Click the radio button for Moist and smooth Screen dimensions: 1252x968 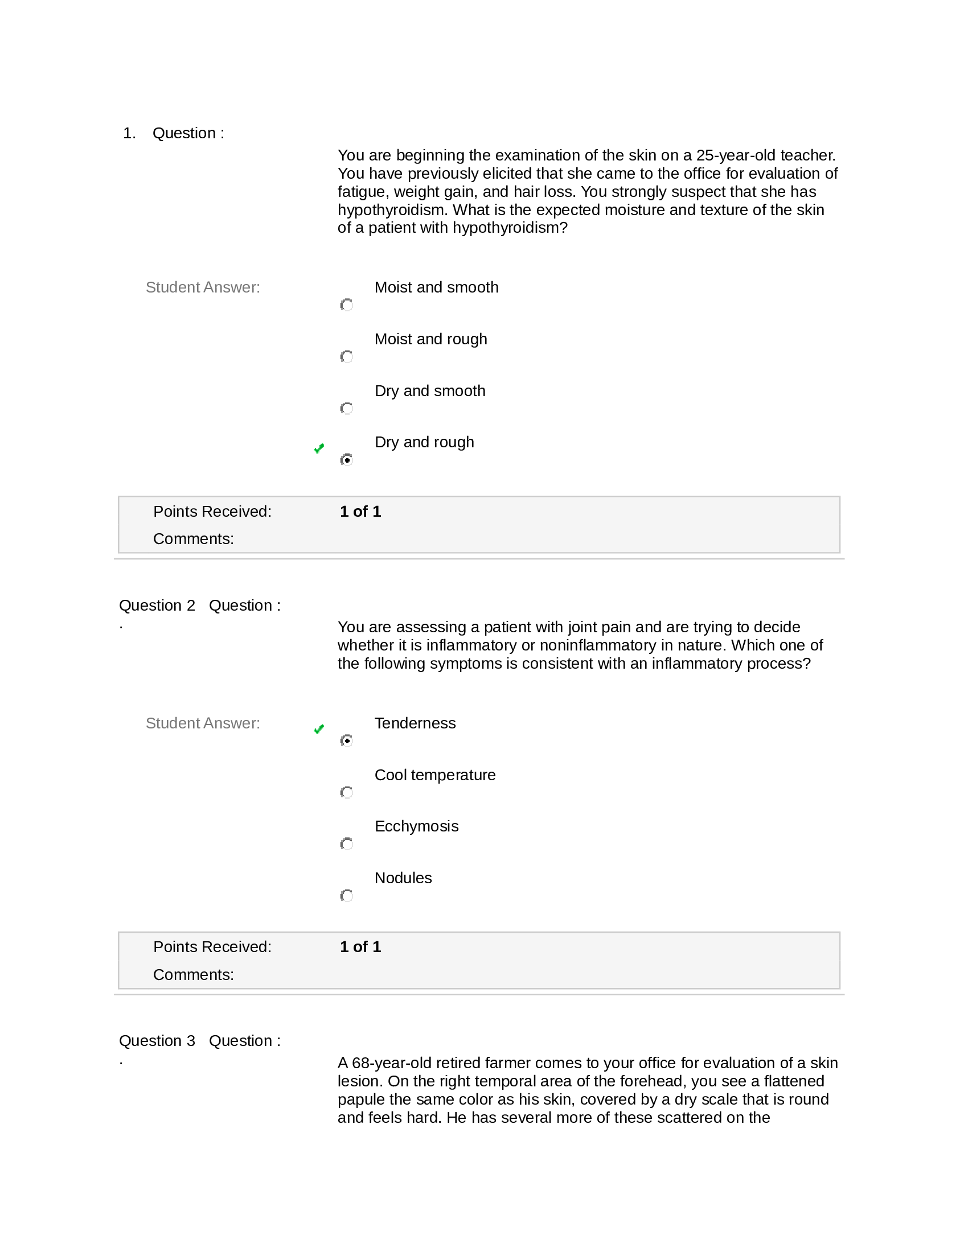pos(346,305)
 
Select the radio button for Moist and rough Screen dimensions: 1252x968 pos(346,357)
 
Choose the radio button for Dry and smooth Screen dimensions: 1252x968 pos(346,408)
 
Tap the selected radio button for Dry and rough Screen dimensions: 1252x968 pos(346,460)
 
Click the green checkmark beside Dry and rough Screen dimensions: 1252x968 pos(319,448)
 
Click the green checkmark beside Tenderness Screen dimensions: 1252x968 pos(319,729)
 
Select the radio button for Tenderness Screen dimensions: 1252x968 pos(346,740)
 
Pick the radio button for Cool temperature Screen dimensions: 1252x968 pos(346,792)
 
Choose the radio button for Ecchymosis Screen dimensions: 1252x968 pos(346,844)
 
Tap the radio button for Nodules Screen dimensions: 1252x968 pos(346,895)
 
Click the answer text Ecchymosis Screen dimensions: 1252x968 pos(416,826)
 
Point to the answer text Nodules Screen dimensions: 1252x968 pos(403,878)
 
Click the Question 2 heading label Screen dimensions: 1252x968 pos(157,606)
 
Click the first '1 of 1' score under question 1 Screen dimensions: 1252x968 pos(360,512)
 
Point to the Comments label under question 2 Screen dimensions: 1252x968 pos(193,974)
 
